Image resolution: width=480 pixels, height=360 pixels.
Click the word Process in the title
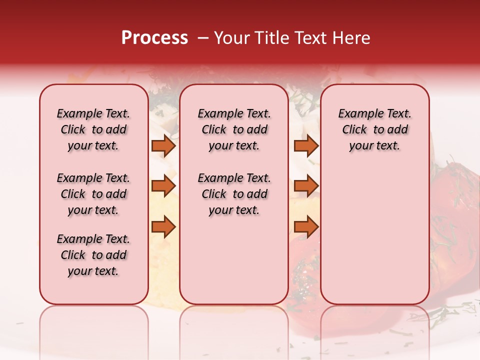click(x=154, y=38)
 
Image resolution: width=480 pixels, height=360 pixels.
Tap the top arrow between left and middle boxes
click(x=163, y=145)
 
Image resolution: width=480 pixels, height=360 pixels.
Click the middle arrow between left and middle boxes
click(x=163, y=186)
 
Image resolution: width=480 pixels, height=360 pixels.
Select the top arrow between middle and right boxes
click(x=306, y=145)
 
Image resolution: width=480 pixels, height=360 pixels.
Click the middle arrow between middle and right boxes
click(x=306, y=186)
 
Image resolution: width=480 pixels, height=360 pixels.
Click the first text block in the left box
click(x=93, y=129)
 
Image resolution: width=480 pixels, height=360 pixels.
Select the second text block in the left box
click(x=93, y=194)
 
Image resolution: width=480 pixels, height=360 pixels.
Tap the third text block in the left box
click(x=93, y=255)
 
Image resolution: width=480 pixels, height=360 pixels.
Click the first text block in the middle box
click(x=234, y=129)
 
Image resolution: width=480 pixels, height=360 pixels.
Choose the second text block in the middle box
click(x=234, y=194)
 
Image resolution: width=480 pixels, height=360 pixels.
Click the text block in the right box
click(x=374, y=129)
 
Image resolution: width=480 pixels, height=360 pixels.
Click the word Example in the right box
click(x=356, y=114)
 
